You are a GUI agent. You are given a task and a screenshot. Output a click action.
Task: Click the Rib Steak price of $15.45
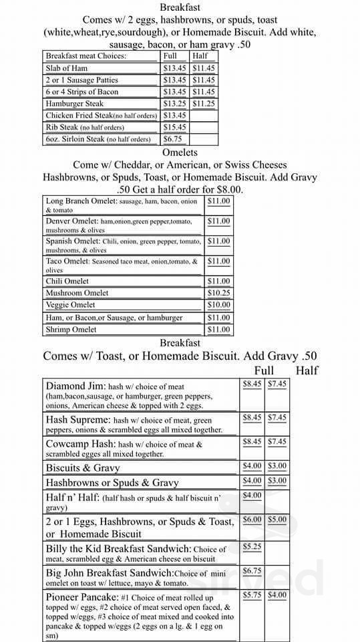174,127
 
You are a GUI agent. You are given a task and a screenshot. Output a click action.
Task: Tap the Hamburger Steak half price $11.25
203,104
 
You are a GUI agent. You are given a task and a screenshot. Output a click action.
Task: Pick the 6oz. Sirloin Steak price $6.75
172,139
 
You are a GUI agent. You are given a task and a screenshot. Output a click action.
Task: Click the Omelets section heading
179,152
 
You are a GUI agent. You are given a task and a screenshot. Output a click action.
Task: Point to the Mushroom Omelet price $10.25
218,293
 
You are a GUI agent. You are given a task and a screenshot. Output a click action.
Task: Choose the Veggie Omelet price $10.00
218,305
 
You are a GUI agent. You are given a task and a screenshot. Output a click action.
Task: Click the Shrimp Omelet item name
71,330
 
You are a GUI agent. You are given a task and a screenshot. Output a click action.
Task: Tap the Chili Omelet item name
67,282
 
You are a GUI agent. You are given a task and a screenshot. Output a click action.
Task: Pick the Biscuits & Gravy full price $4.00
252,465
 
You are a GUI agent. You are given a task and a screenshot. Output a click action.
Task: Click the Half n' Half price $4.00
252,496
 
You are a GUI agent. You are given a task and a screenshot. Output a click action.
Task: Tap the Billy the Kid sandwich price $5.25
252,546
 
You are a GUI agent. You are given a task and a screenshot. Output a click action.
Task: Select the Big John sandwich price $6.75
252,570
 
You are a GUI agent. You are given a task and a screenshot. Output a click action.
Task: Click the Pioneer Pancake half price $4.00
277,595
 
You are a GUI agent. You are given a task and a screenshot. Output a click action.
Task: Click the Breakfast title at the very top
180,7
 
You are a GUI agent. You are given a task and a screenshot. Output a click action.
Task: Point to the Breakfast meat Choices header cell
85,56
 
